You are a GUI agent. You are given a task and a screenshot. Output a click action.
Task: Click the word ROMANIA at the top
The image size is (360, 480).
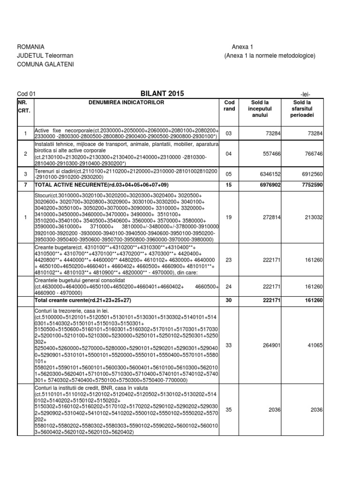click(x=30, y=47)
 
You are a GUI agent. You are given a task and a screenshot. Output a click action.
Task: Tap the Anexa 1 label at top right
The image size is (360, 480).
click(x=242, y=47)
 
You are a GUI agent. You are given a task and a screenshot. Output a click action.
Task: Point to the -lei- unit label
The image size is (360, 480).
click(x=305, y=94)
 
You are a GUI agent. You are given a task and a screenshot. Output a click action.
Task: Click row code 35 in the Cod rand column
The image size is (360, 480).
click(x=229, y=410)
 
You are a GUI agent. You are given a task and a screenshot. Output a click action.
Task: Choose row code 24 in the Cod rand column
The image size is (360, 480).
click(x=229, y=285)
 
